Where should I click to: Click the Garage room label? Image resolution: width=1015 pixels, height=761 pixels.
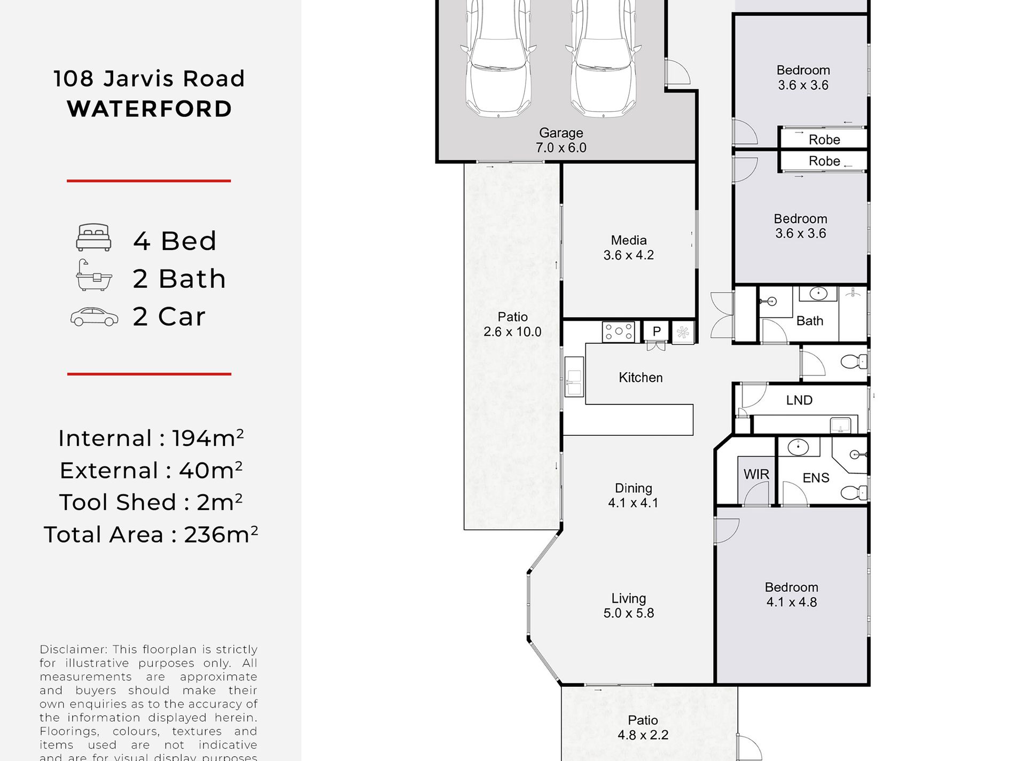click(561, 140)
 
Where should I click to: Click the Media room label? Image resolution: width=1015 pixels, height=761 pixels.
click(629, 248)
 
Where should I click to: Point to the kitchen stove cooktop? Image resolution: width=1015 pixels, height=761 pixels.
click(619, 332)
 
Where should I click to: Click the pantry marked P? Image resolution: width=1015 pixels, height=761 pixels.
click(657, 332)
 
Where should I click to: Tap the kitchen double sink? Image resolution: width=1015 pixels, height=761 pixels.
click(574, 376)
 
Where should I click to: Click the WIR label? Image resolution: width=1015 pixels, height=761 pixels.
click(756, 474)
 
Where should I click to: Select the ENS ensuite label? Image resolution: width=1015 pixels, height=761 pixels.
click(816, 478)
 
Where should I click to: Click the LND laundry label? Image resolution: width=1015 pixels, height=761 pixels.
click(799, 400)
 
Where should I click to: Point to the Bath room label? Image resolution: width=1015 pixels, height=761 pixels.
click(810, 321)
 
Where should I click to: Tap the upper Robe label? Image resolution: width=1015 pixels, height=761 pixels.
click(824, 140)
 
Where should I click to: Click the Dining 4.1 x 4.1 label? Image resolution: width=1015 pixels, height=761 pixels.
click(633, 496)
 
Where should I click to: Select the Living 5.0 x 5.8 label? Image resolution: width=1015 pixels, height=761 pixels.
click(629, 606)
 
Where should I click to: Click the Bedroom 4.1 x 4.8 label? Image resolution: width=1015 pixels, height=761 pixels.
click(792, 594)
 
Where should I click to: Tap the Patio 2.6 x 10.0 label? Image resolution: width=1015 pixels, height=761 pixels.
click(512, 324)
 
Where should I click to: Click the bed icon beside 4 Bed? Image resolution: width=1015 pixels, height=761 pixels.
click(93, 238)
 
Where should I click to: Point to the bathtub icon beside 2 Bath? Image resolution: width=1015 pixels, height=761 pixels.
click(94, 276)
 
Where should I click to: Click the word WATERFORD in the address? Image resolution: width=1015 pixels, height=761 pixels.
click(150, 109)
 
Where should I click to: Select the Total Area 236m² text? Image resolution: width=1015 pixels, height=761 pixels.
click(151, 535)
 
